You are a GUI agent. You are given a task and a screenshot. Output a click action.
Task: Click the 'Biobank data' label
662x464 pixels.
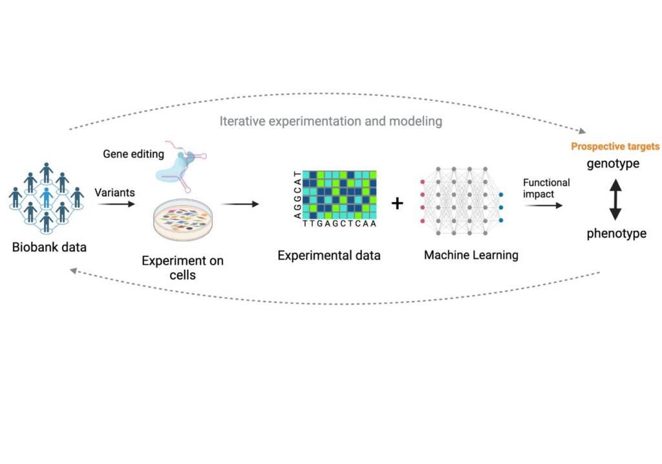(x=49, y=247)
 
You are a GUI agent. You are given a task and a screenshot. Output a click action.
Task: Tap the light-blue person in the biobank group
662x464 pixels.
(x=46, y=195)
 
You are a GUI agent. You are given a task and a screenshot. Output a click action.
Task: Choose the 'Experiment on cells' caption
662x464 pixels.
(x=182, y=268)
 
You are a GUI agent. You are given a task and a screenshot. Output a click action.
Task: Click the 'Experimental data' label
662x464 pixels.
(x=329, y=256)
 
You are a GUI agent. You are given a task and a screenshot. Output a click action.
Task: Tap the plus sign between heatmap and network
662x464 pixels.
(x=398, y=203)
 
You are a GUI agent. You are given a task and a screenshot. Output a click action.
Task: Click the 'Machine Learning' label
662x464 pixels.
(x=471, y=256)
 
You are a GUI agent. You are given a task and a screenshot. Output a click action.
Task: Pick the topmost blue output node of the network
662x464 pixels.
(x=501, y=194)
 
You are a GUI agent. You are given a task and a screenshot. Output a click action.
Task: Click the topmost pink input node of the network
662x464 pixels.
(x=422, y=181)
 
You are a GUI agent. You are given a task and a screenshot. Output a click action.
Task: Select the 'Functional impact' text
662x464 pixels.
(x=546, y=188)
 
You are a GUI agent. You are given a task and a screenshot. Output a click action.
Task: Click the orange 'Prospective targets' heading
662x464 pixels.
(x=615, y=147)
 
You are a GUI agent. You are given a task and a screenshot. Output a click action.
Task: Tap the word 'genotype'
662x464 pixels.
(x=613, y=164)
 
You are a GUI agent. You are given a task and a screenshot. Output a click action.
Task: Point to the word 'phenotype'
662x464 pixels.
(x=616, y=234)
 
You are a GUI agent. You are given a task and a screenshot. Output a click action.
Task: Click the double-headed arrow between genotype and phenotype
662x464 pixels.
(x=615, y=199)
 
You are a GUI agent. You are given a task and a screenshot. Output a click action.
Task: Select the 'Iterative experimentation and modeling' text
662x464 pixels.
(x=330, y=121)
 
